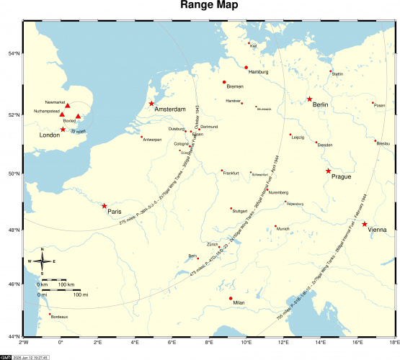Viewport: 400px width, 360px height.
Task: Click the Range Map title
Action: (200, 8)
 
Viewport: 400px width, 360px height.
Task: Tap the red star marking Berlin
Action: (309, 99)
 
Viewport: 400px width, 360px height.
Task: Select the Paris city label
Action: (114, 212)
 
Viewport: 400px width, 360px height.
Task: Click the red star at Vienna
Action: (365, 224)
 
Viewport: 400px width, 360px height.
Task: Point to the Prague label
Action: (341, 176)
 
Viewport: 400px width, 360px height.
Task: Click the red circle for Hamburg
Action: (246, 68)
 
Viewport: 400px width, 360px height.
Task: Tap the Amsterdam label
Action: (170, 109)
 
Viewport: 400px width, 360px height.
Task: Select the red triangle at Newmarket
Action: (68, 107)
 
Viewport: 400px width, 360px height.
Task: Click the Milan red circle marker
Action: (231, 298)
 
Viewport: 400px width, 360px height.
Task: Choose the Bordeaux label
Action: (60, 317)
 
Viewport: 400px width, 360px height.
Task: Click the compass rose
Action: (43, 261)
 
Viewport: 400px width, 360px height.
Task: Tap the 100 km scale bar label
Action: (66, 285)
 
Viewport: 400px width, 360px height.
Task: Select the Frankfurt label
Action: (231, 174)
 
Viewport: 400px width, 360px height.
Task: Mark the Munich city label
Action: (283, 230)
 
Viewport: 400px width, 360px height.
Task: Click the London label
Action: (49, 135)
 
